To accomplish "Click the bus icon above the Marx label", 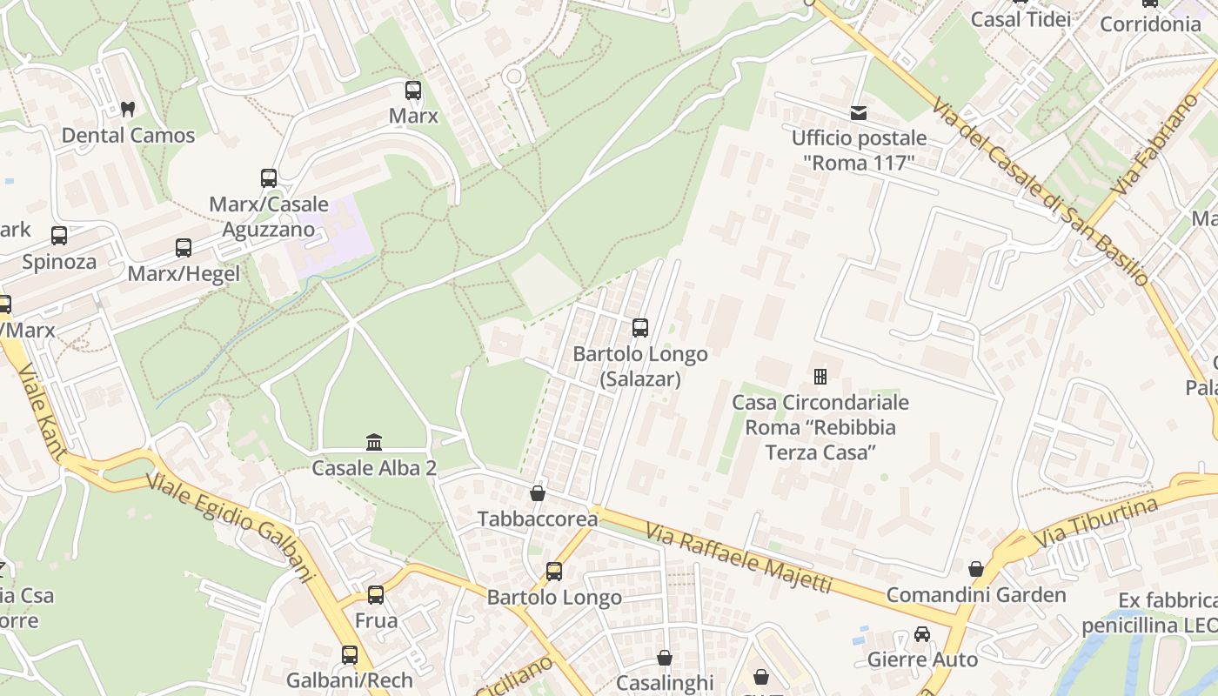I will [x=413, y=90].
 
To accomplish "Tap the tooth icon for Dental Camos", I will [x=128, y=110].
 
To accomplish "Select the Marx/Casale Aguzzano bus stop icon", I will [x=269, y=178].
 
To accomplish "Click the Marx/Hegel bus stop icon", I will [x=184, y=248].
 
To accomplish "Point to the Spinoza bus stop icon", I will [x=59, y=236].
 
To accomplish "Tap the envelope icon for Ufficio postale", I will [x=859, y=113].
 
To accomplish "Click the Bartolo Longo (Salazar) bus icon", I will [x=640, y=328].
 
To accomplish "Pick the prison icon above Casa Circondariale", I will [x=820, y=377].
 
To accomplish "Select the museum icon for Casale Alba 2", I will [x=374, y=442].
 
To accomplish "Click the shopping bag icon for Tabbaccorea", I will [x=538, y=493].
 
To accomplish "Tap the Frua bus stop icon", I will [x=376, y=595].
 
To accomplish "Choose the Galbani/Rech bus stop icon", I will [x=350, y=654].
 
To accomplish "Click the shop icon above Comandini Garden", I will [x=976, y=569].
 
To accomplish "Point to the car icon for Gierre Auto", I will [x=922, y=634].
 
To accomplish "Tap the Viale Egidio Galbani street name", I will [x=230, y=525].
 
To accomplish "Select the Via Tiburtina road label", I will [x=1096, y=523].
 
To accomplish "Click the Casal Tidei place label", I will [x=1021, y=19].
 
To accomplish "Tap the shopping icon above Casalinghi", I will [x=665, y=658].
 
